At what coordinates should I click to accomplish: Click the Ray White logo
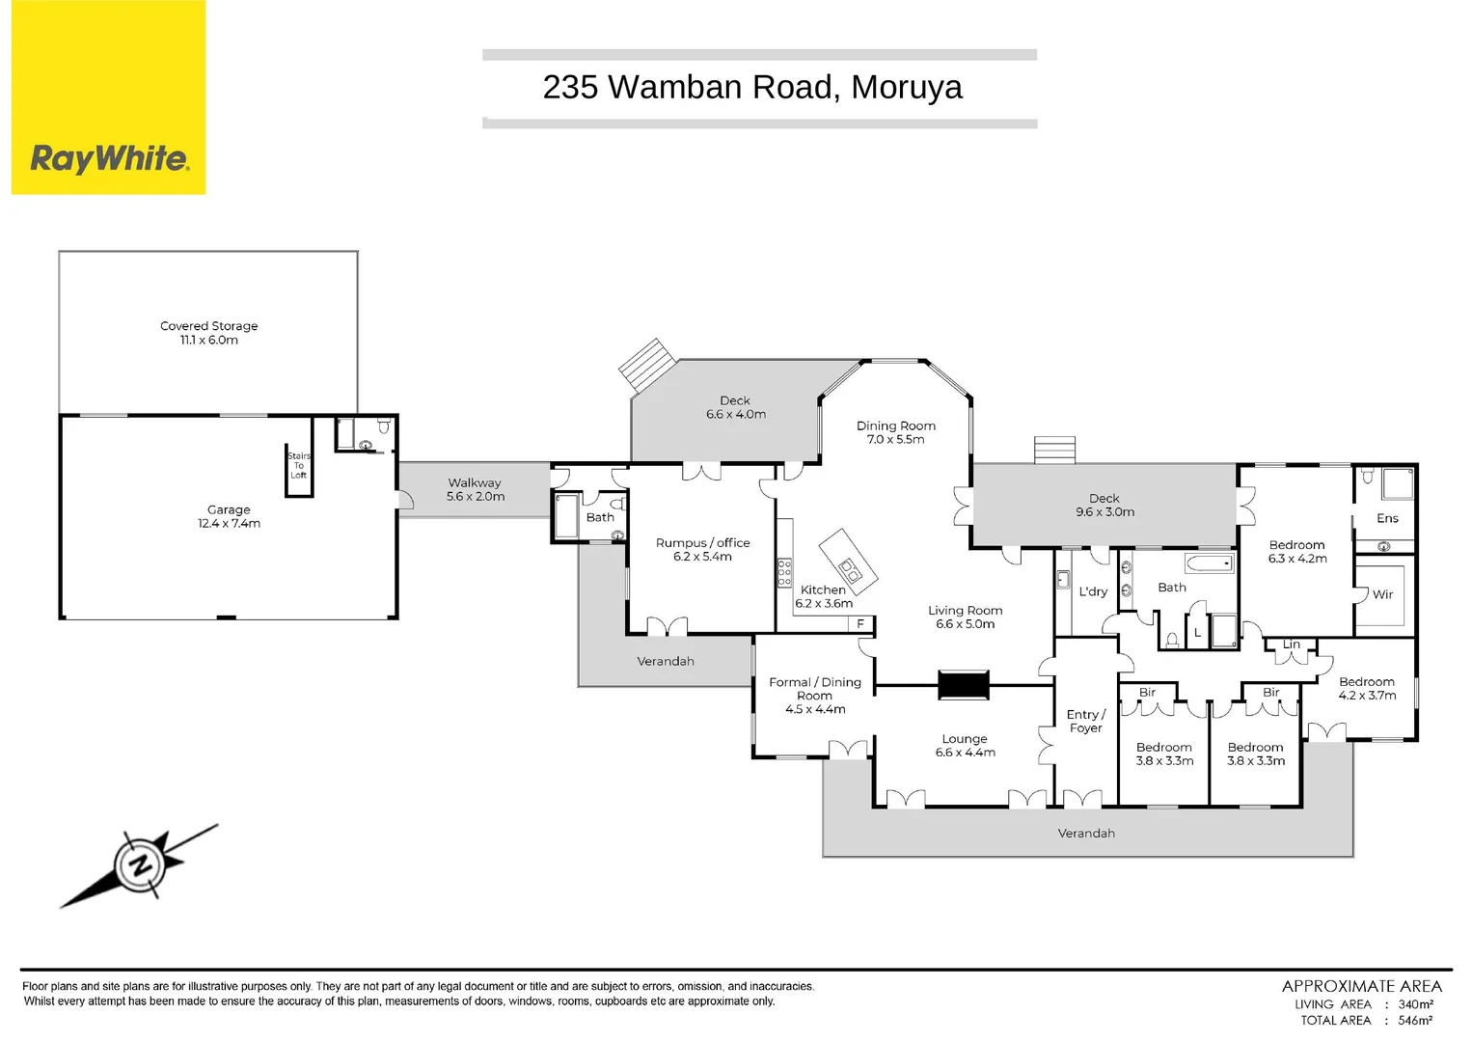tap(109, 157)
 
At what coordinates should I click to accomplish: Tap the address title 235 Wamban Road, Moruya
tap(751, 87)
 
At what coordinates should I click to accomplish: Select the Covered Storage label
tap(208, 326)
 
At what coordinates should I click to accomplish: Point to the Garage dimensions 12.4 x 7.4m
tap(229, 524)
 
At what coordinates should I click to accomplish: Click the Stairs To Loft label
tap(299, 466)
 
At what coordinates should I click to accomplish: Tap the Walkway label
tap(475, 482)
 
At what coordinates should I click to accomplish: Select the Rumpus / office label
tap(702, 543)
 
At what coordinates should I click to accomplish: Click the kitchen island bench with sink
tap(848, 560)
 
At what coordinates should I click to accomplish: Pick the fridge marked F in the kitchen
tap(860, 624)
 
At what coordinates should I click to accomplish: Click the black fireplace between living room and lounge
tap(964, 685)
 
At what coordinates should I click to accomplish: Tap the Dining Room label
tap(895, 425)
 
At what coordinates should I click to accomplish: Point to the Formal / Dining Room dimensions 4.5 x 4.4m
tap(815, 709)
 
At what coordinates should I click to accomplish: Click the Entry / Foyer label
tap(1085, 721)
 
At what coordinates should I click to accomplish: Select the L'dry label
tap(1093, 591)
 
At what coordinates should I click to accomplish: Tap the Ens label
tap(1387, 518)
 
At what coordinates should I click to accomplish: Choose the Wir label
tap(1382, 594)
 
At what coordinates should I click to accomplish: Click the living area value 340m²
tap(1415, 1004)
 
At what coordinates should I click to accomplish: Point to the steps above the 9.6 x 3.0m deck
tap(1053, 451)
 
